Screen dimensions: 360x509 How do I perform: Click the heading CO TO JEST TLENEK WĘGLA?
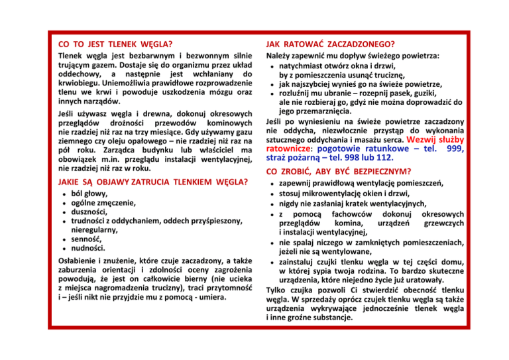[111, 44]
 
